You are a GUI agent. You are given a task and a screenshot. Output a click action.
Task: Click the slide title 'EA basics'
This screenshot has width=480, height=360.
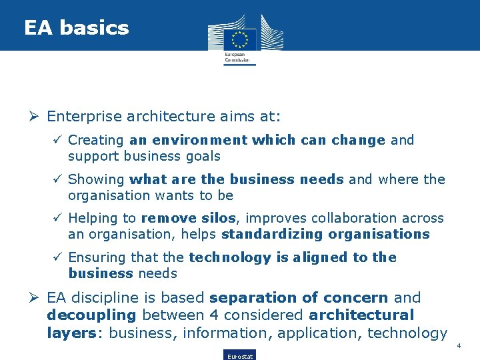76,28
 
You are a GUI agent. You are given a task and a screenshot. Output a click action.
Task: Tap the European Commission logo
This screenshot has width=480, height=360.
240,39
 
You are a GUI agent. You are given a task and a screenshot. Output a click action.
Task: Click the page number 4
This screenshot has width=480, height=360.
459,345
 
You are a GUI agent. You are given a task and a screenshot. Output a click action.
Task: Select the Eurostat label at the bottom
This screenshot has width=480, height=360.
239,356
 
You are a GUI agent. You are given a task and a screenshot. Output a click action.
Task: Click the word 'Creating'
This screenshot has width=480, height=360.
96,141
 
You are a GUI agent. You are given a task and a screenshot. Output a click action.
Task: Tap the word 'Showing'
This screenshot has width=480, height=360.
96,179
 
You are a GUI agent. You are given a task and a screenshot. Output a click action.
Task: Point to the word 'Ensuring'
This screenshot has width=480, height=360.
97,257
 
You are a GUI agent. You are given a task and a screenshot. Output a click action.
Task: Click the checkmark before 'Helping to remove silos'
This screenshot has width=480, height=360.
59,218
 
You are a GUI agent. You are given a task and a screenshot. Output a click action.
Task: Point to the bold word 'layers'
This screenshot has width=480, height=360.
71,332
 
